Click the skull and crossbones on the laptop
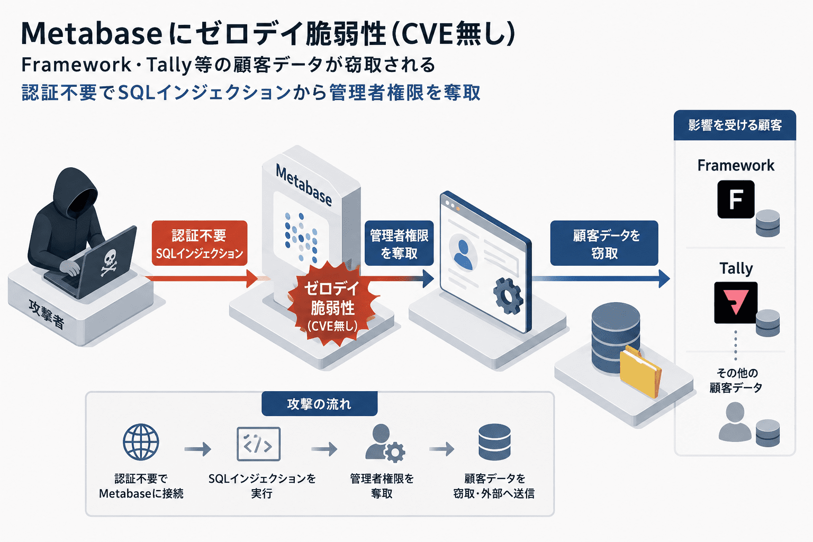(109, 263)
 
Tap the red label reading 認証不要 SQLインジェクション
(200, 243)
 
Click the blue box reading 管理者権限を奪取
(399, 243)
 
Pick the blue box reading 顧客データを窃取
(604, 243)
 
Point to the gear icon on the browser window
(508, 295)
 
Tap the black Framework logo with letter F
(736, 200)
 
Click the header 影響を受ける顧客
(735, 125)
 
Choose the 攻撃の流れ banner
(319, 404)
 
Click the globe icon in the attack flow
(141, 442)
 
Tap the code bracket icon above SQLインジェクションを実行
(258, 444)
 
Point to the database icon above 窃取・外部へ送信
(494, 442)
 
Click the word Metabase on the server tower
(304, 185)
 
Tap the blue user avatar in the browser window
(463, 255)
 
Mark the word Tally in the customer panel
(736, 269)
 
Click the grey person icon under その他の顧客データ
(735, 422)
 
